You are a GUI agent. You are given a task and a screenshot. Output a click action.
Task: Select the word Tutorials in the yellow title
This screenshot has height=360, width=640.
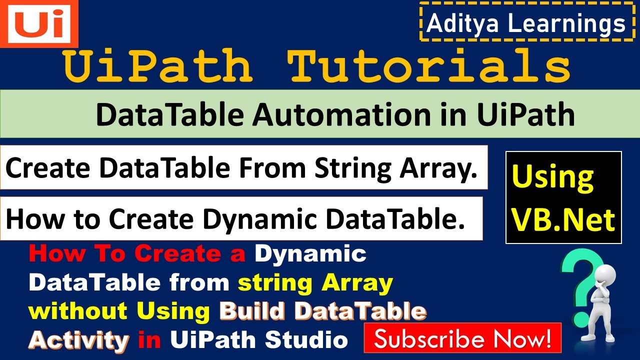click(430, 66)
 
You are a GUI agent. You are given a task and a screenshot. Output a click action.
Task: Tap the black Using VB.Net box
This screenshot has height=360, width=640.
click(563, 197)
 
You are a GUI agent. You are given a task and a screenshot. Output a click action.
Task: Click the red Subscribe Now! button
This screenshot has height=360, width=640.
click(462, 338)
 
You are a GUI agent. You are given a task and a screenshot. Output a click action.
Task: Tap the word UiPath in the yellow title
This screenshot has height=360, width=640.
click(159, 66)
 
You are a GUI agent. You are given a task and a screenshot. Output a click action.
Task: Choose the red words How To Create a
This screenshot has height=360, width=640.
click(137, 254)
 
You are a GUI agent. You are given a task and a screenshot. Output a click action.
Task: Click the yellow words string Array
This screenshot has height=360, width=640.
click(315, 283)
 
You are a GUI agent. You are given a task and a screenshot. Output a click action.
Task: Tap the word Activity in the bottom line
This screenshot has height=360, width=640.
click(78, 340)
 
